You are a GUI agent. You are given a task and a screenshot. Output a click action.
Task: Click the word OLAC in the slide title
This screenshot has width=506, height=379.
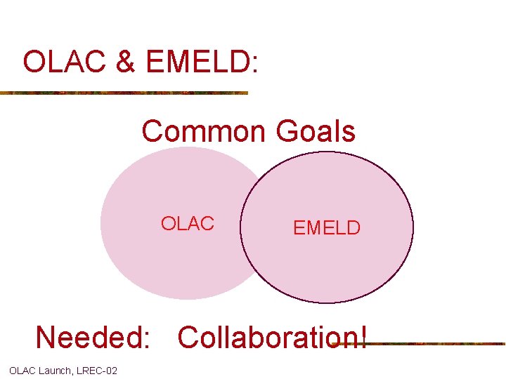pyautogui.click(x=61, y=62)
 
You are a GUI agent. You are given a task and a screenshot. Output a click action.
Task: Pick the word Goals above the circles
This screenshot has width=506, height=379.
pyautogui.click(x=316, y=131)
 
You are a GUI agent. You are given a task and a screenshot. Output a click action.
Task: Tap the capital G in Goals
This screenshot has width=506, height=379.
pyautogui.click(x=288, y=131)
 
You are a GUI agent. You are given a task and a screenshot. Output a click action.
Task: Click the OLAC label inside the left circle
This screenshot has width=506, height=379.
pyautogui.click(x=187, y=224)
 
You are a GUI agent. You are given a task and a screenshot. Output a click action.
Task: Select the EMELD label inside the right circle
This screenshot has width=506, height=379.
pyautogui.click(x=326, y=228)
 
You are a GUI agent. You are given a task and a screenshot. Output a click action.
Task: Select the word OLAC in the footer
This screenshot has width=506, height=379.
pyautogui.click(x=22, y=371)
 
